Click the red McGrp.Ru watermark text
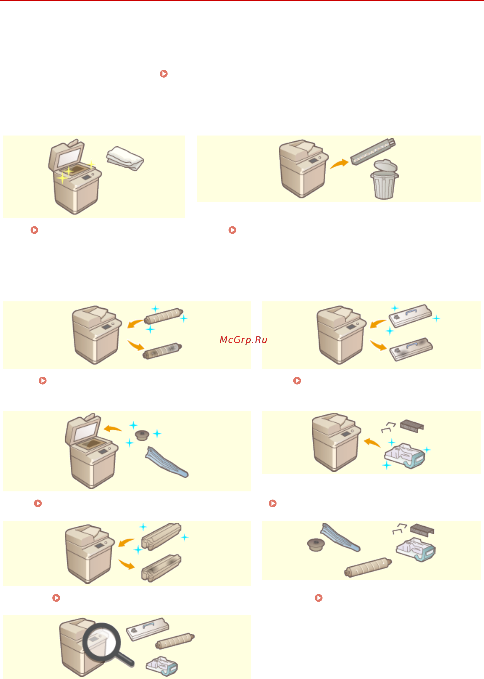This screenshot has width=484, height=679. tap(243, 340)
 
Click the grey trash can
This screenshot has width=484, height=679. tap(384, 179)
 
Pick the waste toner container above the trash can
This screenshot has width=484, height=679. tap(373, 151)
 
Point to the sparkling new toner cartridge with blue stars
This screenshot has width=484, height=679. tap(164, 316)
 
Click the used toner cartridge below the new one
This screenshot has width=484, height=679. tap(162, 351)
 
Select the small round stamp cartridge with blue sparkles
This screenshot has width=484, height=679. tap(142, 435)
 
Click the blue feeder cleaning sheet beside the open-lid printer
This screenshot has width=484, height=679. tap(167, 462)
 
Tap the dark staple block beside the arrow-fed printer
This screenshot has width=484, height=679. tap(412, 426)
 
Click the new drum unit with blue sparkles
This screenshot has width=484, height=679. tap(161, 536)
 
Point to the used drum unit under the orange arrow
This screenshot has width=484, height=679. tap(161, 568)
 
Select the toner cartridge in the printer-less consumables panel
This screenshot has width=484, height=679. tap(368, 567)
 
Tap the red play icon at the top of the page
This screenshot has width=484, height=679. tap(164, 74)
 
